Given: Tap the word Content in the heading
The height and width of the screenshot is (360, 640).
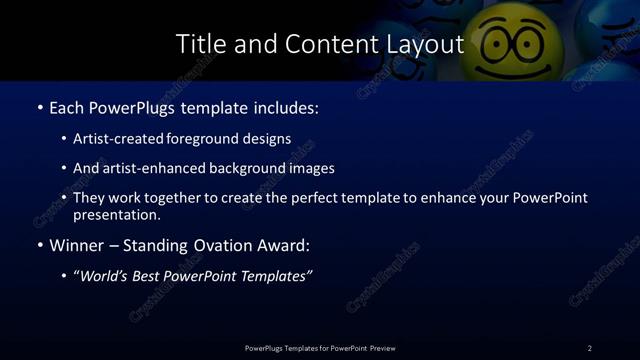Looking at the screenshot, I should [323, 45].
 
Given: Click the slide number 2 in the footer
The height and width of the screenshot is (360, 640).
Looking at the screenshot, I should [589, 348].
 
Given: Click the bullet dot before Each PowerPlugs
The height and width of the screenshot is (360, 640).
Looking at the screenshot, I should [39, 107].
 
